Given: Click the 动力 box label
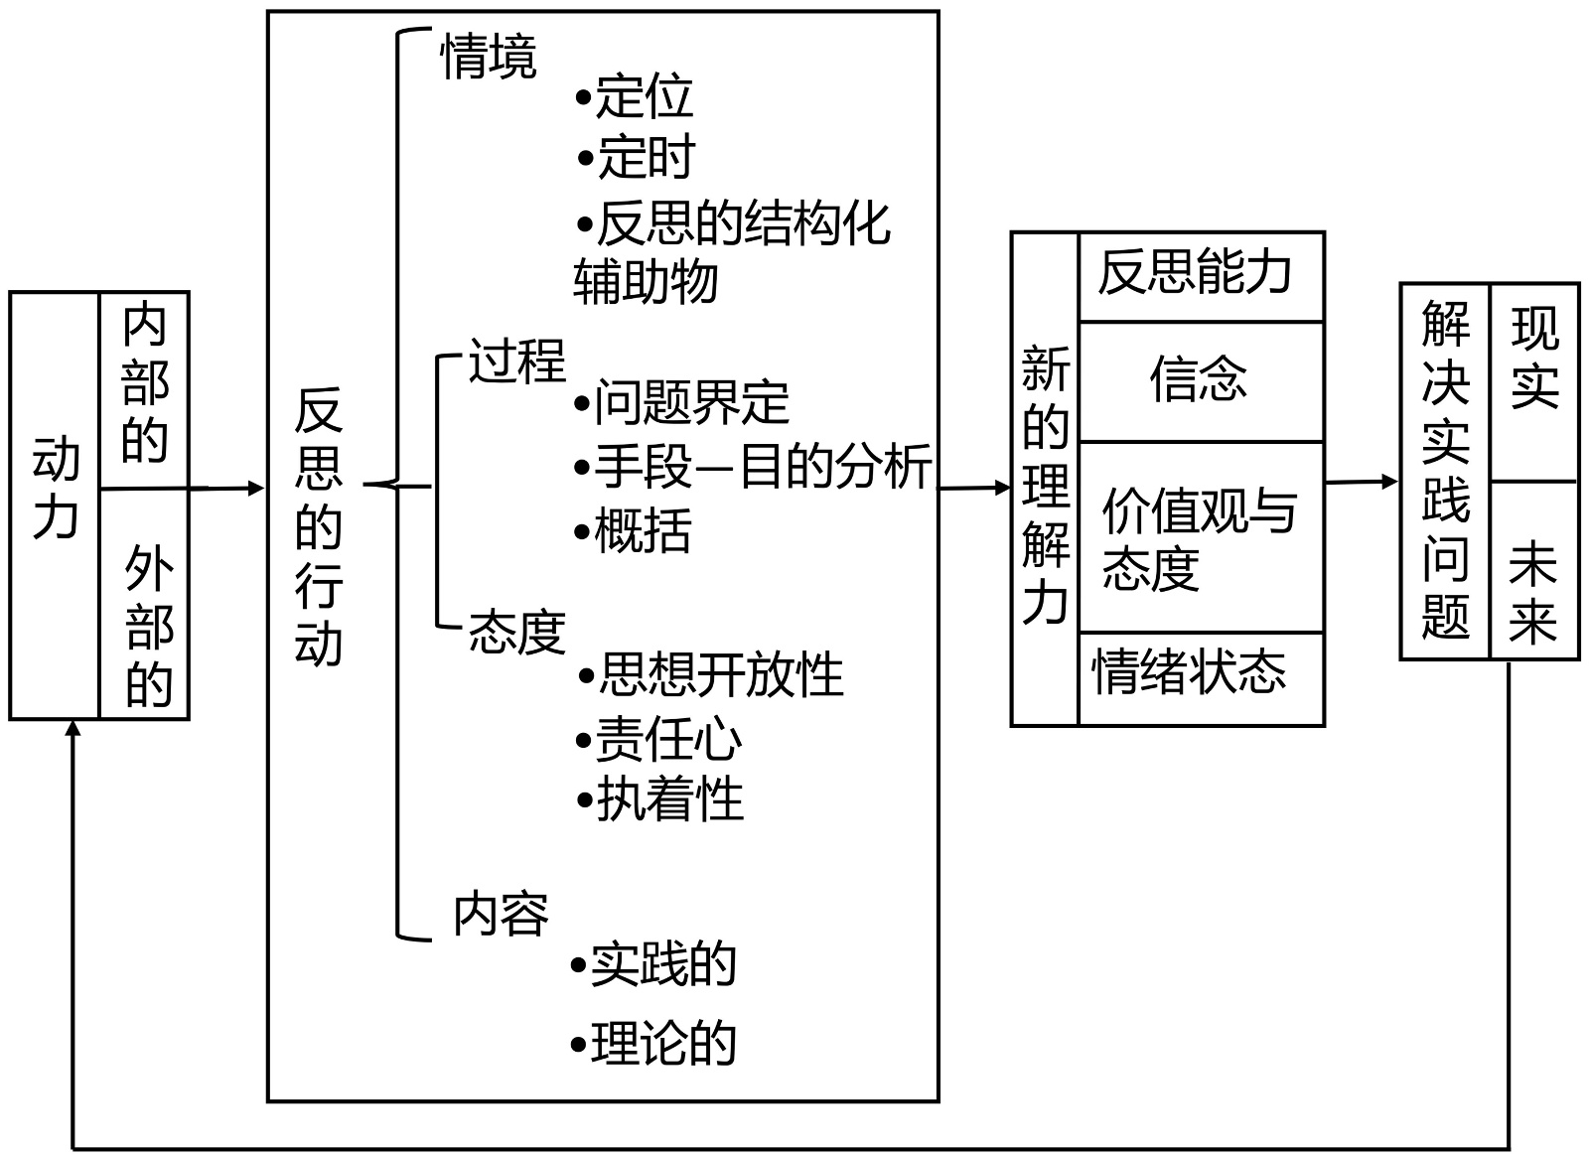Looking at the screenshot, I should pos(56,489).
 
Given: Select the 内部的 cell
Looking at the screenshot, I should pos(145,384).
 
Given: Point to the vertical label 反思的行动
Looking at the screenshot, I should pos(318,526).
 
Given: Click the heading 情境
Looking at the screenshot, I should pos(489,57).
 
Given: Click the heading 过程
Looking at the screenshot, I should pos(516,361).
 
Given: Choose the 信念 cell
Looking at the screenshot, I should pos(1199,379).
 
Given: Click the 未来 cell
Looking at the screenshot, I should pos(1532,594).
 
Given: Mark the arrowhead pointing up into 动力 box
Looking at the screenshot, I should pos(73,730).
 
